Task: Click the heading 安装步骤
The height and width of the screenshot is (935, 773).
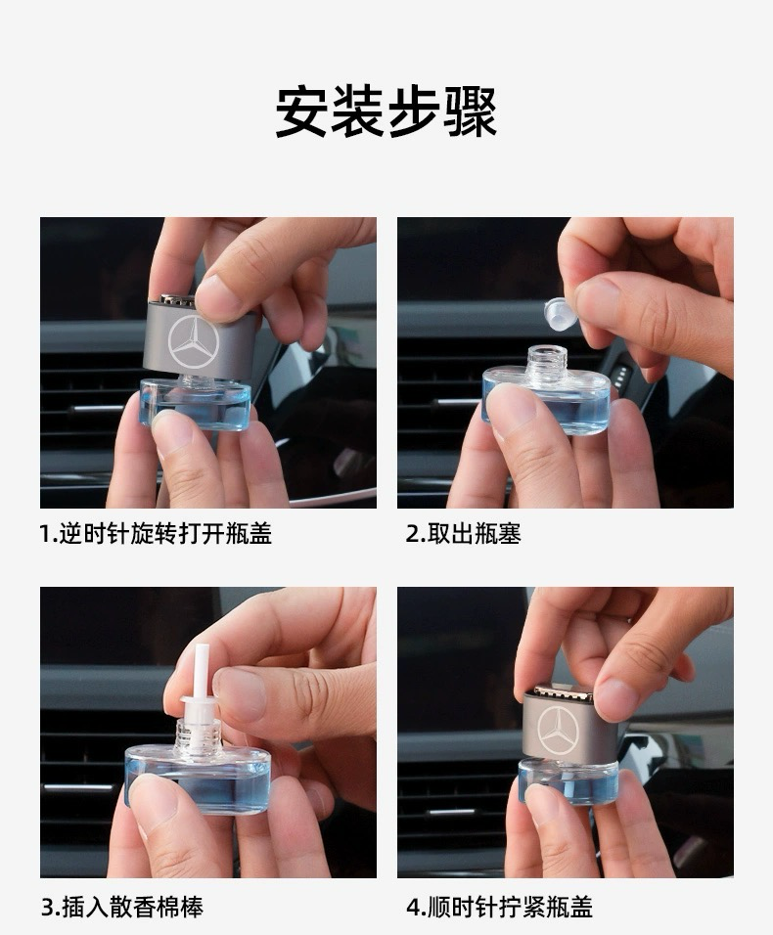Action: (x=386, y=111)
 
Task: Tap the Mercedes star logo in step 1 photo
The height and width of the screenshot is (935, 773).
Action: (x=194, y=342)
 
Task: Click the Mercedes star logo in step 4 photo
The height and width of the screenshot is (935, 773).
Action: (x=558, y=730)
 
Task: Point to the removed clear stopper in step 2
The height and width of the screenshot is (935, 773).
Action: (x=561, y=314)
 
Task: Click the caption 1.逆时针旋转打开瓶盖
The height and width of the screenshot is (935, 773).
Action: (x=156, y=533)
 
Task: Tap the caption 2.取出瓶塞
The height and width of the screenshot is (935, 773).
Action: (x=464, y=533)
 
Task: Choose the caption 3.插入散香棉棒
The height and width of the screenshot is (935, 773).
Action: (x=122, y=907)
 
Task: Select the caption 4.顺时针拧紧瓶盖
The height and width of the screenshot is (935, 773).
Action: (x=499, y=907)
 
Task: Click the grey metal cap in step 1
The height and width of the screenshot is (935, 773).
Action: (x=200, y=338)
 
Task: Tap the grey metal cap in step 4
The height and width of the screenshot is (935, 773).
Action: (x=560, y=725)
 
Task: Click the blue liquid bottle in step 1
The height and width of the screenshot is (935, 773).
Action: (x=195, y=404)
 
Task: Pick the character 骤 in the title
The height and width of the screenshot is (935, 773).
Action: (x=471, y=111)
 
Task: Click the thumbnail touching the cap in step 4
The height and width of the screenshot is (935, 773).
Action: (x=615, y=698)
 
